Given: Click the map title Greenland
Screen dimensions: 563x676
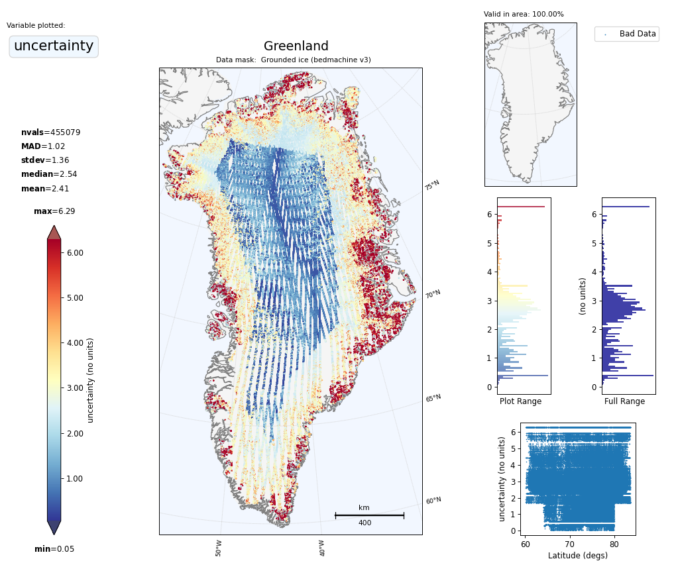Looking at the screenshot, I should point(296,46).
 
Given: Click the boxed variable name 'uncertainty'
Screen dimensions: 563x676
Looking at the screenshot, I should point(54,46).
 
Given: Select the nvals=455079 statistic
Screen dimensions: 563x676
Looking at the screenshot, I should point(50,132).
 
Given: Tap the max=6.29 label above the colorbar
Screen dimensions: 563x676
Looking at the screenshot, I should point(54,211).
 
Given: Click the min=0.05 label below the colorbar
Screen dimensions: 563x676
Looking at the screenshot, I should point(54,549).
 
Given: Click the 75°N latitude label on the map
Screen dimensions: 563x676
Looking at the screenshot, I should point(432,185).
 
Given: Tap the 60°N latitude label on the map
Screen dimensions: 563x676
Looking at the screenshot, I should point(433,501).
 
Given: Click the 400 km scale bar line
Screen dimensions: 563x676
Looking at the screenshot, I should point(369,515).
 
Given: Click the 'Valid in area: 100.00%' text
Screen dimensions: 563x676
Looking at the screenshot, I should point(524,15).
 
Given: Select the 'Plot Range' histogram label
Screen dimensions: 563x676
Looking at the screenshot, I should point(520,401).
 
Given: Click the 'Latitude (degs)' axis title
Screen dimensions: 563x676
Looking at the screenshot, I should point(577,556).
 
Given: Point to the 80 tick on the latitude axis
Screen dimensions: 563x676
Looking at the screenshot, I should point(614,545).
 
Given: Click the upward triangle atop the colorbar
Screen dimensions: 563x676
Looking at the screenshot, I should point(54,232).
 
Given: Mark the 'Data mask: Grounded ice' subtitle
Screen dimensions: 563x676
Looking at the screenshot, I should point(293,60).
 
